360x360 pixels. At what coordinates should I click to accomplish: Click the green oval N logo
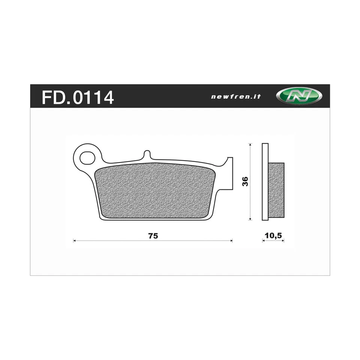coord(299,96)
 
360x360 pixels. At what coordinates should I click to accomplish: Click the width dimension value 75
coord(153,236)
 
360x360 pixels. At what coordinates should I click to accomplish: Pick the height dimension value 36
coord(245,181)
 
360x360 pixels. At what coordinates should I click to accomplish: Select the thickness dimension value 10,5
coord(273,235)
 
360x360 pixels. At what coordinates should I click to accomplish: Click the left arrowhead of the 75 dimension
coord(74,241)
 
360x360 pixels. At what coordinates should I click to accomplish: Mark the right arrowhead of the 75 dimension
coord(231,241)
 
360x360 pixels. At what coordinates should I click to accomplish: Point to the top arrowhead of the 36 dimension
coord(250,144)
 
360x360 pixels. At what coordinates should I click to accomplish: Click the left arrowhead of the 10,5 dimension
coord(263,241)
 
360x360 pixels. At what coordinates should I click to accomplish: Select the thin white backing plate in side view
coord(265,182)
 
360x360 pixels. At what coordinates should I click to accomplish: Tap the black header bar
coord(169,96)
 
